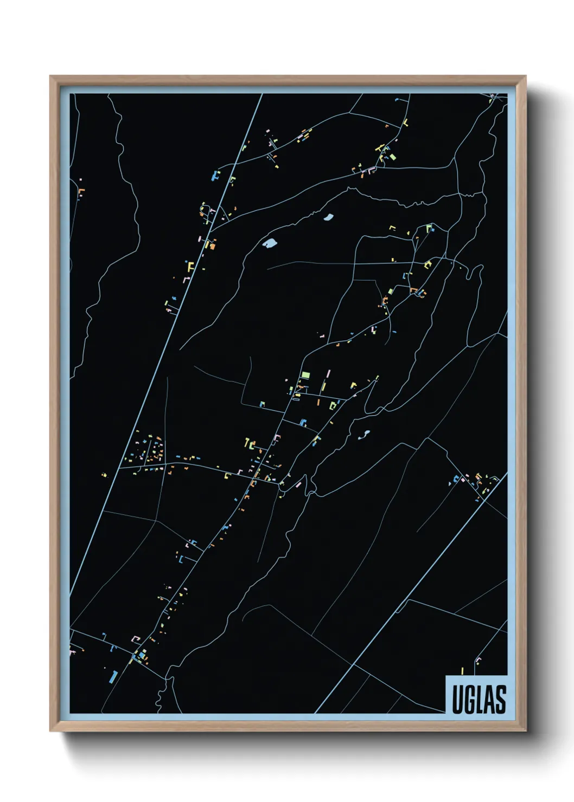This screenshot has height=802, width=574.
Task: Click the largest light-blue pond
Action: point(269,243)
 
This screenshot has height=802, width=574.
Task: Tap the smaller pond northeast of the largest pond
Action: point(328,218)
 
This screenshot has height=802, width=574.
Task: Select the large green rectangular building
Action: point(305,374)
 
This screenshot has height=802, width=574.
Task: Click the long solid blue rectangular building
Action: point(114,676)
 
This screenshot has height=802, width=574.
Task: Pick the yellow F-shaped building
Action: point(190,266)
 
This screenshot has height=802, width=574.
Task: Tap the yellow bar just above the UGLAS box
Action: point(462,670)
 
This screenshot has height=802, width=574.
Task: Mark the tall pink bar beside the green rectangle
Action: point(328,374)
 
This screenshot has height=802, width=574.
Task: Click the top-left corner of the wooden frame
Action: point(50,76)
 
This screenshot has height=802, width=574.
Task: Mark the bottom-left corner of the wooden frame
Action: point(50,731)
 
